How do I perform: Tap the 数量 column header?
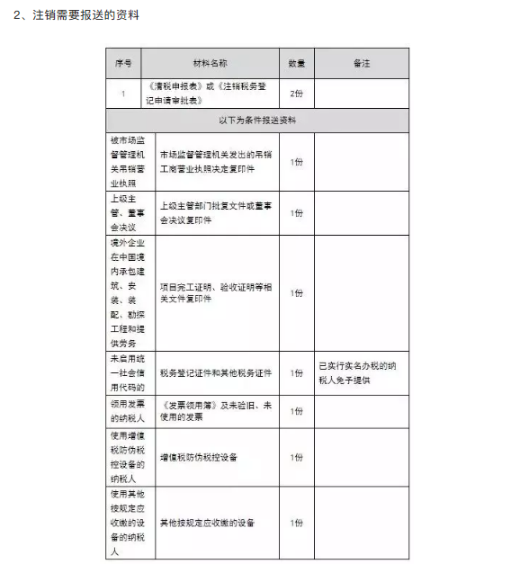[x=296, y=64]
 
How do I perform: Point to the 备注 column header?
[x=361, y=64]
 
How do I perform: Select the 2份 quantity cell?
[x=296, y=93]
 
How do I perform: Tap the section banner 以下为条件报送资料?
[x=257, y=120]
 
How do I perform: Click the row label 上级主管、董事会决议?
[x=124, y=213]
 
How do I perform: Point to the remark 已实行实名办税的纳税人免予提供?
[x=361, y=372]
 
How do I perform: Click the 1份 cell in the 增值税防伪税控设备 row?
[x=296, y=457]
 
